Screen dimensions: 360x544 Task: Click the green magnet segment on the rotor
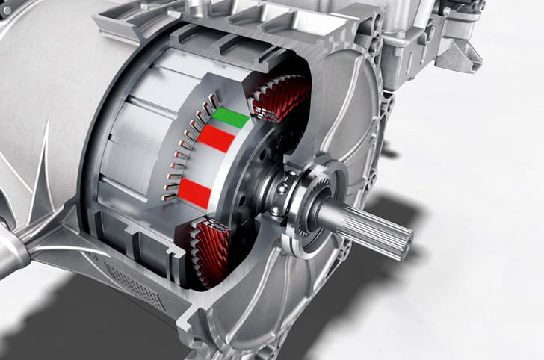coord(231,118)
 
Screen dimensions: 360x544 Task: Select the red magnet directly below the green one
coord(217,140)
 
